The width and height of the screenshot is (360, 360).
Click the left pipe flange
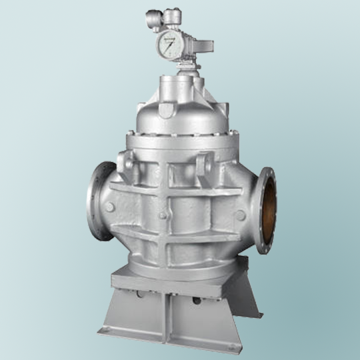point(100,201)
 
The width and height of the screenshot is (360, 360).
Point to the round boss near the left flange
point(110,207)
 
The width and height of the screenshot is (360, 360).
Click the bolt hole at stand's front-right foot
point(231,346)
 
